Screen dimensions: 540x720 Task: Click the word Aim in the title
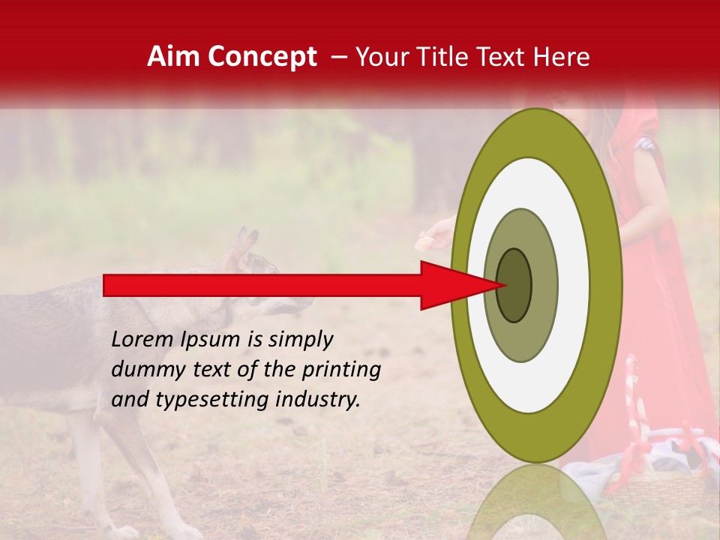coord(173,57)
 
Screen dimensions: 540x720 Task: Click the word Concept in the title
coord(262,57)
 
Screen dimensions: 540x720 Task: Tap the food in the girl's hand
coord(425,241)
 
